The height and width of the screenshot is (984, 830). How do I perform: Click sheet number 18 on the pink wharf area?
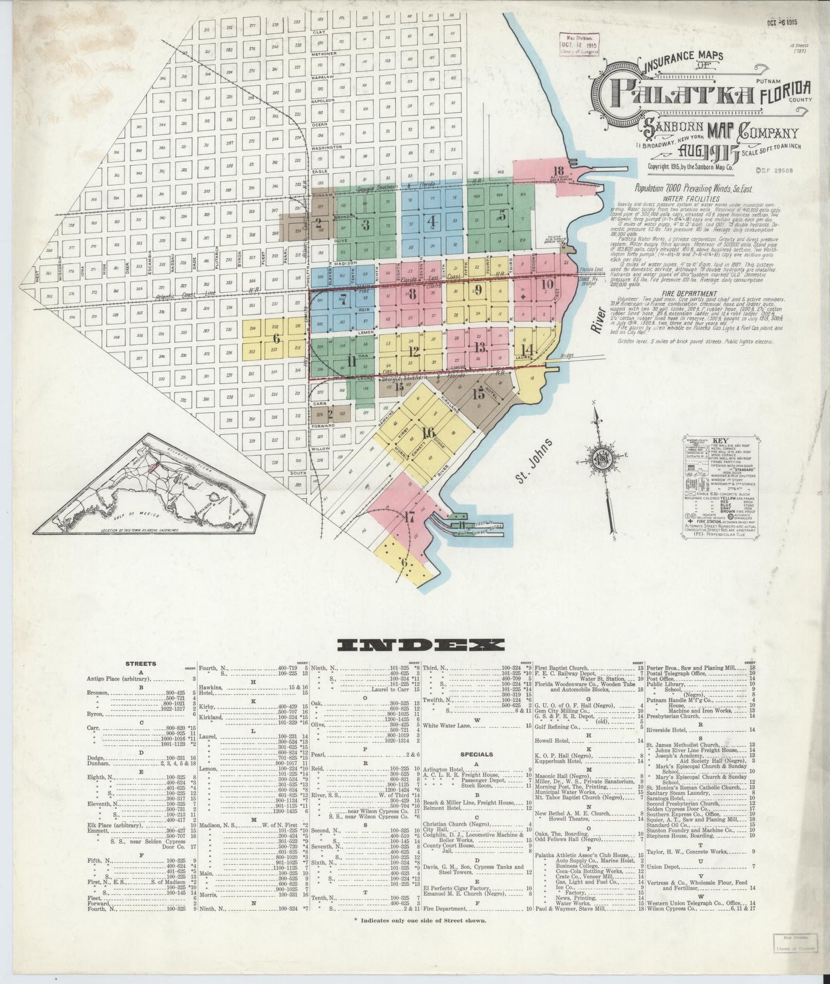tap(558, 170)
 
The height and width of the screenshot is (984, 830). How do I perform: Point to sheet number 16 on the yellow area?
tap(428, 433)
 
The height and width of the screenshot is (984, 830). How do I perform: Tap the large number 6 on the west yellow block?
tap(276, 338)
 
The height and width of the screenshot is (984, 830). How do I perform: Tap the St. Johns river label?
tap(534, 461)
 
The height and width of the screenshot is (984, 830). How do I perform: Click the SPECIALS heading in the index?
tap(476, 754)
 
